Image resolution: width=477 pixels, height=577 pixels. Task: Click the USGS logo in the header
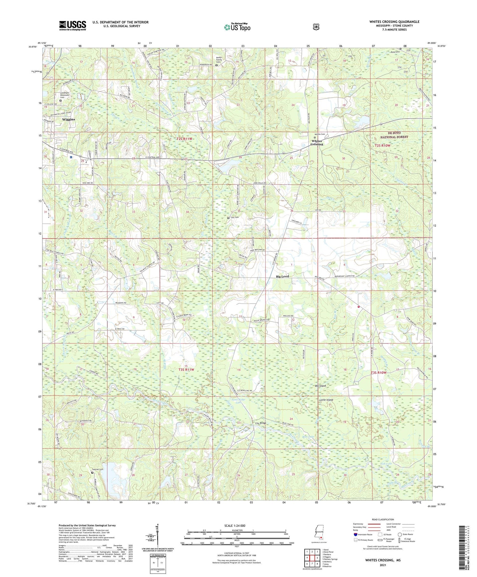point(73,25)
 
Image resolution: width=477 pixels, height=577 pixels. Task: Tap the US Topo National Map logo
point(237,27)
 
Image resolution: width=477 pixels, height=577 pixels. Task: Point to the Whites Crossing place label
point(317,142)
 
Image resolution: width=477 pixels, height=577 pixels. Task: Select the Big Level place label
point(282,277)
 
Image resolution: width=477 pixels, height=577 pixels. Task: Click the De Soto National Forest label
point(393,135)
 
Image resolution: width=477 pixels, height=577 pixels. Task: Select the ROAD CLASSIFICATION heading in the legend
point(385,519)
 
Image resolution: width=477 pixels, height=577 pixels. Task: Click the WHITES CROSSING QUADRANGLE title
point(394,22)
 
